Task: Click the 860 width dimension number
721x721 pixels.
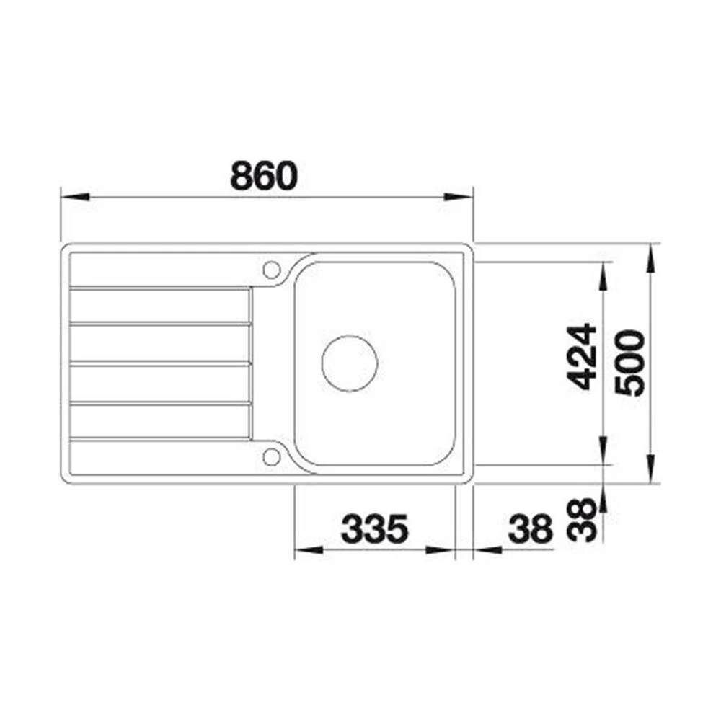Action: pos(264,175)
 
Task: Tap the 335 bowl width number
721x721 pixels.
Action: pos(375,528)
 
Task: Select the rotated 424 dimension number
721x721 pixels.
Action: pos(582,357)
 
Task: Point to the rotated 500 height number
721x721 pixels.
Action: pos(629,363)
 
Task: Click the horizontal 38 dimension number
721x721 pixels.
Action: pos(530,528)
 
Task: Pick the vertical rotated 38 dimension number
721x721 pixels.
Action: pos(582,520)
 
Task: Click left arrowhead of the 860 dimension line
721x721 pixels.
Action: pos(75,197)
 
